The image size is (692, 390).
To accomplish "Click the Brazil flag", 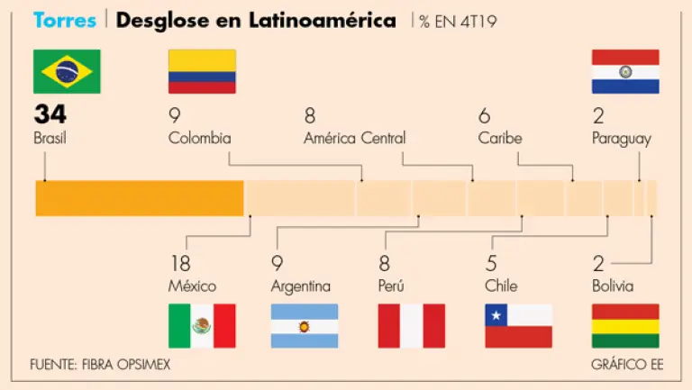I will (x=67, y=71).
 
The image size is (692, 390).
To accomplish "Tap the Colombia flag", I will (x=202, y=71).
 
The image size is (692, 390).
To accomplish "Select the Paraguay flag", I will (x=624, y=71).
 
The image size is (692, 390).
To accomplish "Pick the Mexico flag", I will (x=202, y=325).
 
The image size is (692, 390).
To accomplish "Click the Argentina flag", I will (x=305, y=325).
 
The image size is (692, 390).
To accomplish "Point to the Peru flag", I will (x=412, y=325).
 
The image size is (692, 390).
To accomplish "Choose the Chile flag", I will (x=518, y=325).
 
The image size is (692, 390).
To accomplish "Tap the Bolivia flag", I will (x=624, y=325).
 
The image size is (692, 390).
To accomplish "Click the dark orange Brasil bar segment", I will (x=140, y=197).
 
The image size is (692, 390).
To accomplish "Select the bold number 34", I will (x=50, y=114).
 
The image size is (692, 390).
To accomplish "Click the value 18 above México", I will (x=179, y=264).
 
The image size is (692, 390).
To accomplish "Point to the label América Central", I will (x=354, y=138).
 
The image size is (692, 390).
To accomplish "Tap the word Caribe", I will (x=500, y=138).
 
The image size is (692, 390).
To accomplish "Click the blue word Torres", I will (x=64, y=20).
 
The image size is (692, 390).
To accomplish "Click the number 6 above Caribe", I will (x=485, y=115).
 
